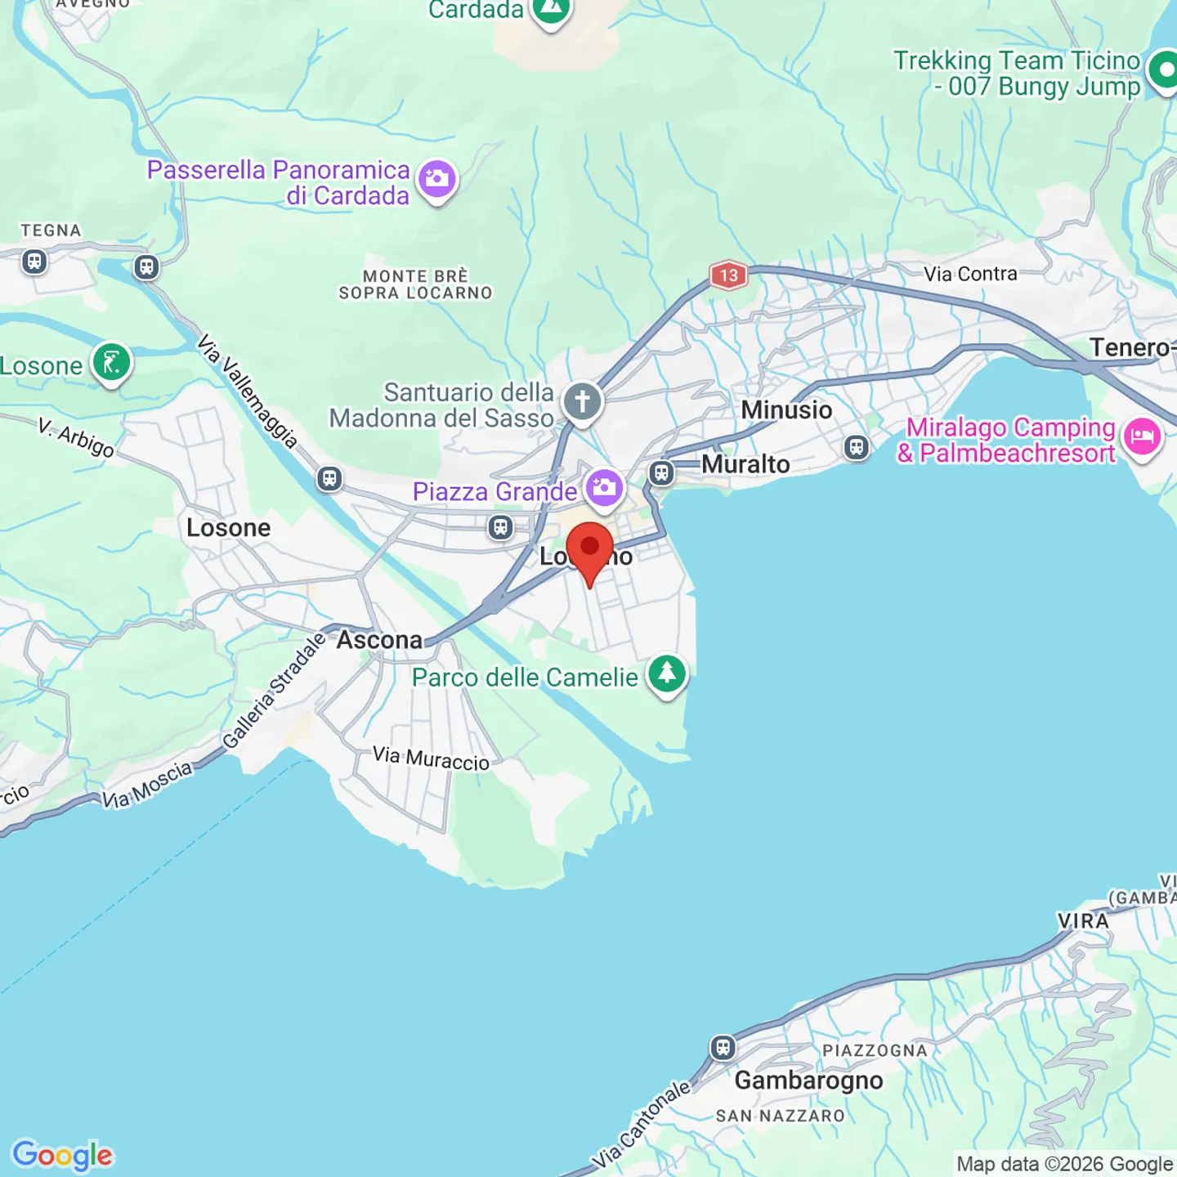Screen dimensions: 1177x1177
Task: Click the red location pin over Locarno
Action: click(x=589, y=548)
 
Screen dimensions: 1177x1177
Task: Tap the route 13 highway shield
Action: click(x=728, y=275)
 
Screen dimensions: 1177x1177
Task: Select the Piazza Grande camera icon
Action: click(x=605, y=489)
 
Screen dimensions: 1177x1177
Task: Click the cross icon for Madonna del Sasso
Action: click(x=582, y=402)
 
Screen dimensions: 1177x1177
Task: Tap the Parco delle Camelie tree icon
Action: click(x=667, y=674)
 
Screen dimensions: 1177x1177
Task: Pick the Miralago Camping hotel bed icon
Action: click(x=1143, y=436)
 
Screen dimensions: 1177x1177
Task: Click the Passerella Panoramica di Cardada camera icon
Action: click(x=437, y=179)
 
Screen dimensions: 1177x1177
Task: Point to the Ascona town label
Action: click(x=379, y=640)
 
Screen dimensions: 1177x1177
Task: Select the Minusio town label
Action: click(x=786, y=409)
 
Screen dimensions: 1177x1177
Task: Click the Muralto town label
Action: click(x=745, y=464)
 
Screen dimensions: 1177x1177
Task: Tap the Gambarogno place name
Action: click(x=808, y=1081)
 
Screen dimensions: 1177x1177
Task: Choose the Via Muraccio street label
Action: click(x=431, y=759)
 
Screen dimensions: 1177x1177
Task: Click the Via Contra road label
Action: click(x=970, y=274)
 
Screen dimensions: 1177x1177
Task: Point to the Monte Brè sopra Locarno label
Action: click(x=415, y=284)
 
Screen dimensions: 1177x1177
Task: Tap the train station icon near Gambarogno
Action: click(x=723, y=1047)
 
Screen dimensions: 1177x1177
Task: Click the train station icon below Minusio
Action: click(x=856, y=447)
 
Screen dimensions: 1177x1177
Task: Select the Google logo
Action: click(x=63, y=1155)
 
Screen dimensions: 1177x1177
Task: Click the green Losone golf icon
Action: click(x=112, y=362)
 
